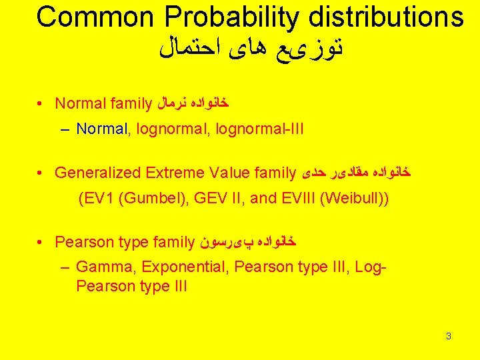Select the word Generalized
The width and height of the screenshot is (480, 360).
(97, 173)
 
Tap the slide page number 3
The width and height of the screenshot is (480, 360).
(449, 336)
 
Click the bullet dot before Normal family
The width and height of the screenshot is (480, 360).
(41, 103)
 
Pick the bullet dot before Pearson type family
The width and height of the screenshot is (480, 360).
(41, 241)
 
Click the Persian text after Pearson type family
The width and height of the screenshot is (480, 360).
(247, 241)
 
